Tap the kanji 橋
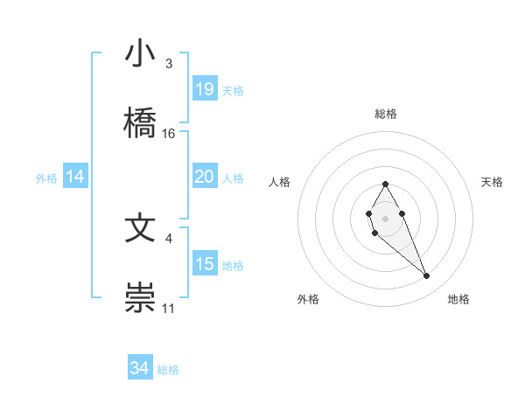141,121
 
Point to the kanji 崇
141,296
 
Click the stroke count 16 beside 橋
169,133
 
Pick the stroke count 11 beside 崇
169,308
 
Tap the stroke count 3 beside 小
169,64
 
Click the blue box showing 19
204,89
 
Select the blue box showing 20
204,177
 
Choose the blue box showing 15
204,264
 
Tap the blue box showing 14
75,177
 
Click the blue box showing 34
139,368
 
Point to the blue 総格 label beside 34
168,370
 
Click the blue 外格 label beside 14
46,178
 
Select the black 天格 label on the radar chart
493,182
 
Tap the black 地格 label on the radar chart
458,299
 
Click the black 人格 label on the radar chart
279,182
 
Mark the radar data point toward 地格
426,276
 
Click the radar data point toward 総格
385,184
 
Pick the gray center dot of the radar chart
385,217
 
